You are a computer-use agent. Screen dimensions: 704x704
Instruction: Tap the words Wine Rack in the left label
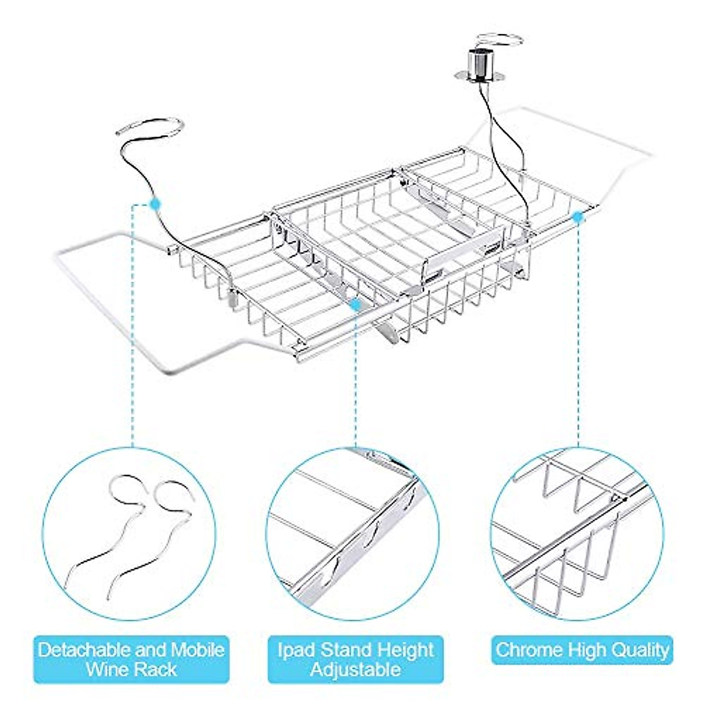pyautogui.click(x=131, y=669)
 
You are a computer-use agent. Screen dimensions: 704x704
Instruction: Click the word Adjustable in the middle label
pyautogui.click(x=355, y=669)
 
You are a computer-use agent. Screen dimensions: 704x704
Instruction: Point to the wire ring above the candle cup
pyautogui.click(x=499, y=43)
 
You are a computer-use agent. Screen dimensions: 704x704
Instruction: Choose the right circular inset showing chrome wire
pyautogui.click(x=577, y=534)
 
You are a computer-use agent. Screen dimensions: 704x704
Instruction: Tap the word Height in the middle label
pyautogui.click(x=405, y=649)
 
